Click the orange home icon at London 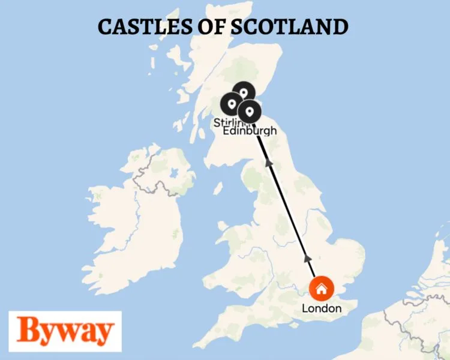[x=322, y=289]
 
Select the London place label [x=322, y=309]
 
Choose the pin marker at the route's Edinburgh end [x=250, y=111]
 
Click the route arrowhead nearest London [x=308, y=257]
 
